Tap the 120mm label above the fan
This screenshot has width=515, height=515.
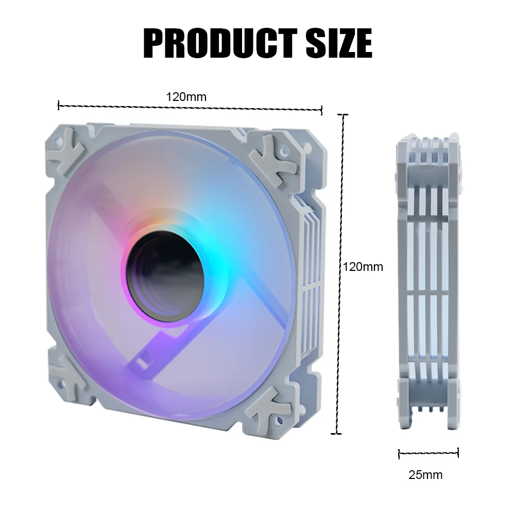click(186, 96)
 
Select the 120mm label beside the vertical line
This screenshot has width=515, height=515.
click(363, 266)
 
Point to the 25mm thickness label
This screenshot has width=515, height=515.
click(425, 475)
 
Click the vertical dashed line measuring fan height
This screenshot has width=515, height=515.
click(339, 273)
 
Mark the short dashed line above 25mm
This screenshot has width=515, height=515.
click(428, 453)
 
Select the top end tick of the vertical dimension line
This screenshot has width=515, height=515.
click(342, 115)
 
